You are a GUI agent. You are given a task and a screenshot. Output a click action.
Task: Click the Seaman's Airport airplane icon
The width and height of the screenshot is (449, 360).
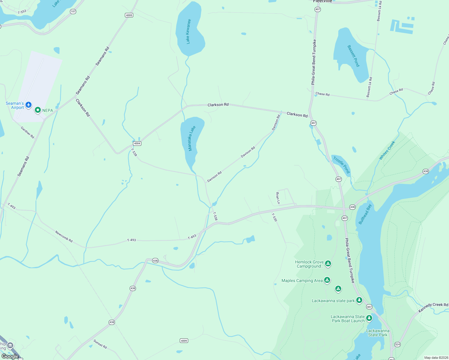[29, 105]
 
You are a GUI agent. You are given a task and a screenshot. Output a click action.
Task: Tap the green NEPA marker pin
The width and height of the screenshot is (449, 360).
[38, 110]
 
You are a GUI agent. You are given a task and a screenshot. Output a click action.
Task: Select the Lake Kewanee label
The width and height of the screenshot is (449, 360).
[188, 31]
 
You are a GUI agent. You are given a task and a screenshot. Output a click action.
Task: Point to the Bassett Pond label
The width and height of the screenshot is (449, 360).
[353, 56]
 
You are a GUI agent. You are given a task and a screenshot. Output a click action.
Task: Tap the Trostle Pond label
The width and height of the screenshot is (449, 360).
[342, 165]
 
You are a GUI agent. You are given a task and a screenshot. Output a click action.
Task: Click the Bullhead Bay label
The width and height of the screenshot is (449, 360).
[365, 214]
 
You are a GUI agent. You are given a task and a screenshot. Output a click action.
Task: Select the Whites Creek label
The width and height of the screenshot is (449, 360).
[387, 150]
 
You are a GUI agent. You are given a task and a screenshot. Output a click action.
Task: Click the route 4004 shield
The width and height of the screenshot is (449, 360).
[137, 143]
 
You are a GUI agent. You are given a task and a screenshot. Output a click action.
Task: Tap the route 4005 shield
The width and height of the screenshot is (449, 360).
[129, 15]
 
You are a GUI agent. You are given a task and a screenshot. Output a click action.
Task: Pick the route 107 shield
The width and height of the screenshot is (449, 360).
[73, 11]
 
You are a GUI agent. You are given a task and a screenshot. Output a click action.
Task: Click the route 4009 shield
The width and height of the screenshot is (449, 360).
[184, 340]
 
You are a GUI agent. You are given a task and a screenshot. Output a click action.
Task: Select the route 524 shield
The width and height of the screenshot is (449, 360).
[397, 344]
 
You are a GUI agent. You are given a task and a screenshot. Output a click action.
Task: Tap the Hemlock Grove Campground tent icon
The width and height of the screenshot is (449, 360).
[328, 263]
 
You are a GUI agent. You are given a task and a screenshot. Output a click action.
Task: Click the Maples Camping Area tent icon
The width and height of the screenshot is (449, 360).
[327, 280]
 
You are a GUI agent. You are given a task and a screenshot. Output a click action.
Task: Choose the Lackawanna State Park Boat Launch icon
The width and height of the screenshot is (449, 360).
[369, 318]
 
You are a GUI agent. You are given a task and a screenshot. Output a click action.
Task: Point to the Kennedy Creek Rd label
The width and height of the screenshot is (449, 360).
[433, 307]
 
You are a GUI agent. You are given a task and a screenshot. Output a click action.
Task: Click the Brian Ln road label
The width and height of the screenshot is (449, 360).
[278, 198]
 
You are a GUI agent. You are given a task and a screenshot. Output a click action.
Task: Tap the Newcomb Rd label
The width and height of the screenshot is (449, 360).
[64, 236]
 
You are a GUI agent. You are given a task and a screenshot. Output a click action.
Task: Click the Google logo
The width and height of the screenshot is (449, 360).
[10, 356]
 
